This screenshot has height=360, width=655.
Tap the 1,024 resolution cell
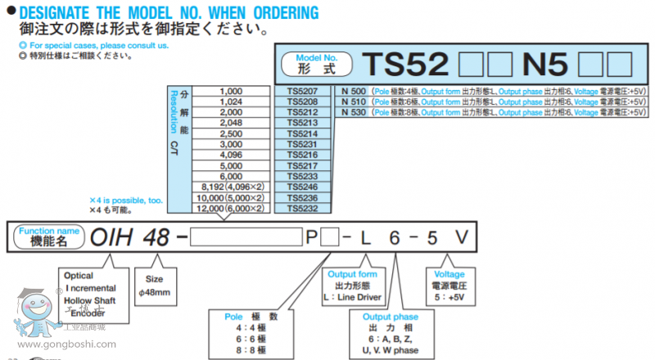[231, 101]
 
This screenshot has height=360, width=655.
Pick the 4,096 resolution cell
[231, 155]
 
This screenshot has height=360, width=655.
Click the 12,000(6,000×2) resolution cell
[231, 209]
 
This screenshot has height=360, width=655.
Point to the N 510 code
[354, 101]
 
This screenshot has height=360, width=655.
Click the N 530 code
[354, 112]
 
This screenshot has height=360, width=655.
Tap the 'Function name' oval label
[49, 237]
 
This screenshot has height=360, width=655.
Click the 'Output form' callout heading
[353, 275]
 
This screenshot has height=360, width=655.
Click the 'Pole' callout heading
[236, 314]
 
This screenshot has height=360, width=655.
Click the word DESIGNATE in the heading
[52, 12]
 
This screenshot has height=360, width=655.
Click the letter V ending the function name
[463, 237]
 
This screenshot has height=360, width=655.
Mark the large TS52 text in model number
[406, 64]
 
